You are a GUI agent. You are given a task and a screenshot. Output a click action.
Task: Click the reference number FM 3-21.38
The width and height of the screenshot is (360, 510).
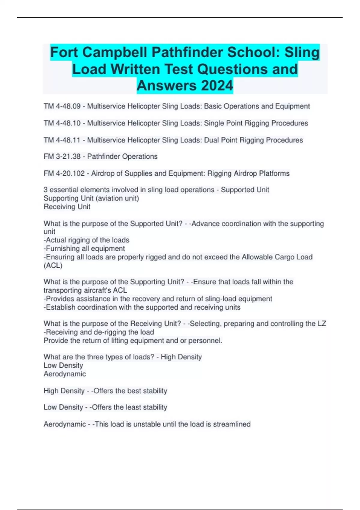click(62, 157)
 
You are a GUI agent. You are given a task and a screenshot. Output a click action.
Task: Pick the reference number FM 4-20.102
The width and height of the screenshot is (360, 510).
click(64, 173)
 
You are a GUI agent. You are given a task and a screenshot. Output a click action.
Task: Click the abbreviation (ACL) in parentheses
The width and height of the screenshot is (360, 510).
click(53, 265)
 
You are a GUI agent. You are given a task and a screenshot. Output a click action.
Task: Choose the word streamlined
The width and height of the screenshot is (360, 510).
click(232, 424)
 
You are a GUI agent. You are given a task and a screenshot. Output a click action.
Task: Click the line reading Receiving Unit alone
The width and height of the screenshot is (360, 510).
click(67, 207)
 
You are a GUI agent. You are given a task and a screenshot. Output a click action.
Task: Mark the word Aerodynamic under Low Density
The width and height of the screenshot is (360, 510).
click(65, 374)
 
